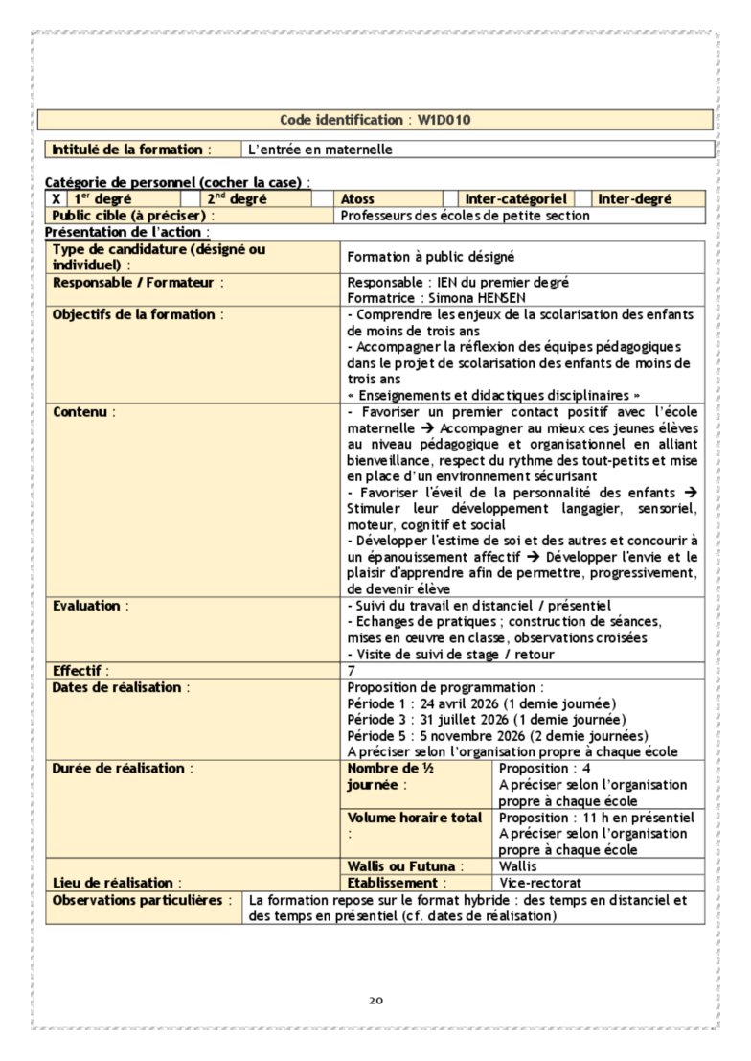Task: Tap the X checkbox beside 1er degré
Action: tap(56, 199)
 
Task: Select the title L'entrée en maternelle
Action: tap(320, 150)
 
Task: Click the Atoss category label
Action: tap(357, 199)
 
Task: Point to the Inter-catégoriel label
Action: tap(516, 199)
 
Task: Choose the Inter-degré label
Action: tap(634, 199)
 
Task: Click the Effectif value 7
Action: tap(351, 671)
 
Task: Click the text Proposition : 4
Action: tap(544, 769)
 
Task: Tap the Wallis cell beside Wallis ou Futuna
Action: tap(518, 866)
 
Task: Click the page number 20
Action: tap(375, 1001)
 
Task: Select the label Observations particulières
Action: tap(141, 900)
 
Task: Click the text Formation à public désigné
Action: tap(431, 257)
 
